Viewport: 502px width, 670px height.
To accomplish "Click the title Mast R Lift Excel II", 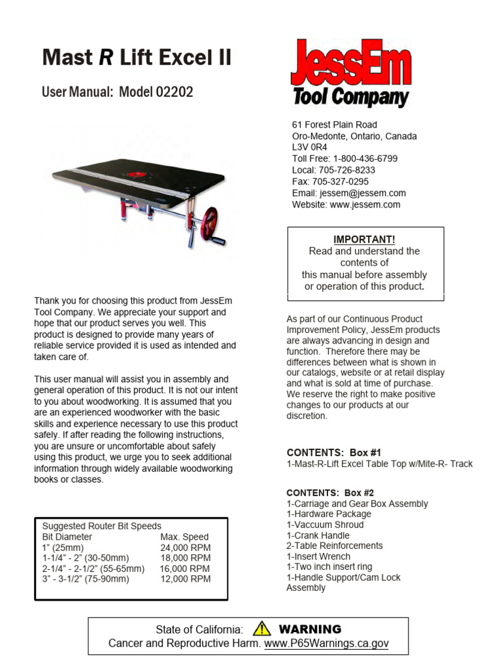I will point(137,58).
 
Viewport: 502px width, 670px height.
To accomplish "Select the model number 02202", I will point(175,92).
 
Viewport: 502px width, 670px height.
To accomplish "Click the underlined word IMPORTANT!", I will point(365,239).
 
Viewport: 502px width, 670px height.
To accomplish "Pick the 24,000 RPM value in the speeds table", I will point(186,548).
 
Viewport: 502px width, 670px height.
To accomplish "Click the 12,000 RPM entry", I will point(186,579).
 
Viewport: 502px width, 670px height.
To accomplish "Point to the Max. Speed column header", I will point(184,537).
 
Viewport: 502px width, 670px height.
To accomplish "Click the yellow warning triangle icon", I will point(262,629).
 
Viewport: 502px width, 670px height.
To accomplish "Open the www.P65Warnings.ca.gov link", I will point(326,644).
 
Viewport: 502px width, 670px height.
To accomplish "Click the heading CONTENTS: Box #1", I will point(333,453).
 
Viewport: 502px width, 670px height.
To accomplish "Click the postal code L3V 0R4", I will point(309,147).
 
